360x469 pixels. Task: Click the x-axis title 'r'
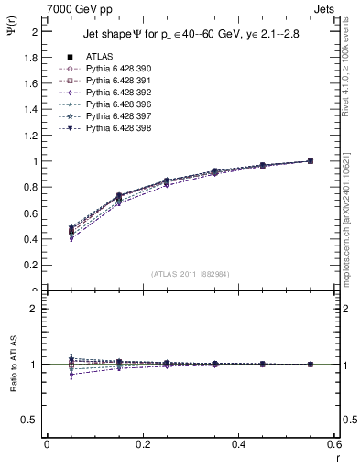tap(336, 459)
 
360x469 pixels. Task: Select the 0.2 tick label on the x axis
tap(142, 444)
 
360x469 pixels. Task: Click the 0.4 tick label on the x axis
tap(238, 444)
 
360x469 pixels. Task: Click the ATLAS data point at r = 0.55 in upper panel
tap(310, 161)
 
